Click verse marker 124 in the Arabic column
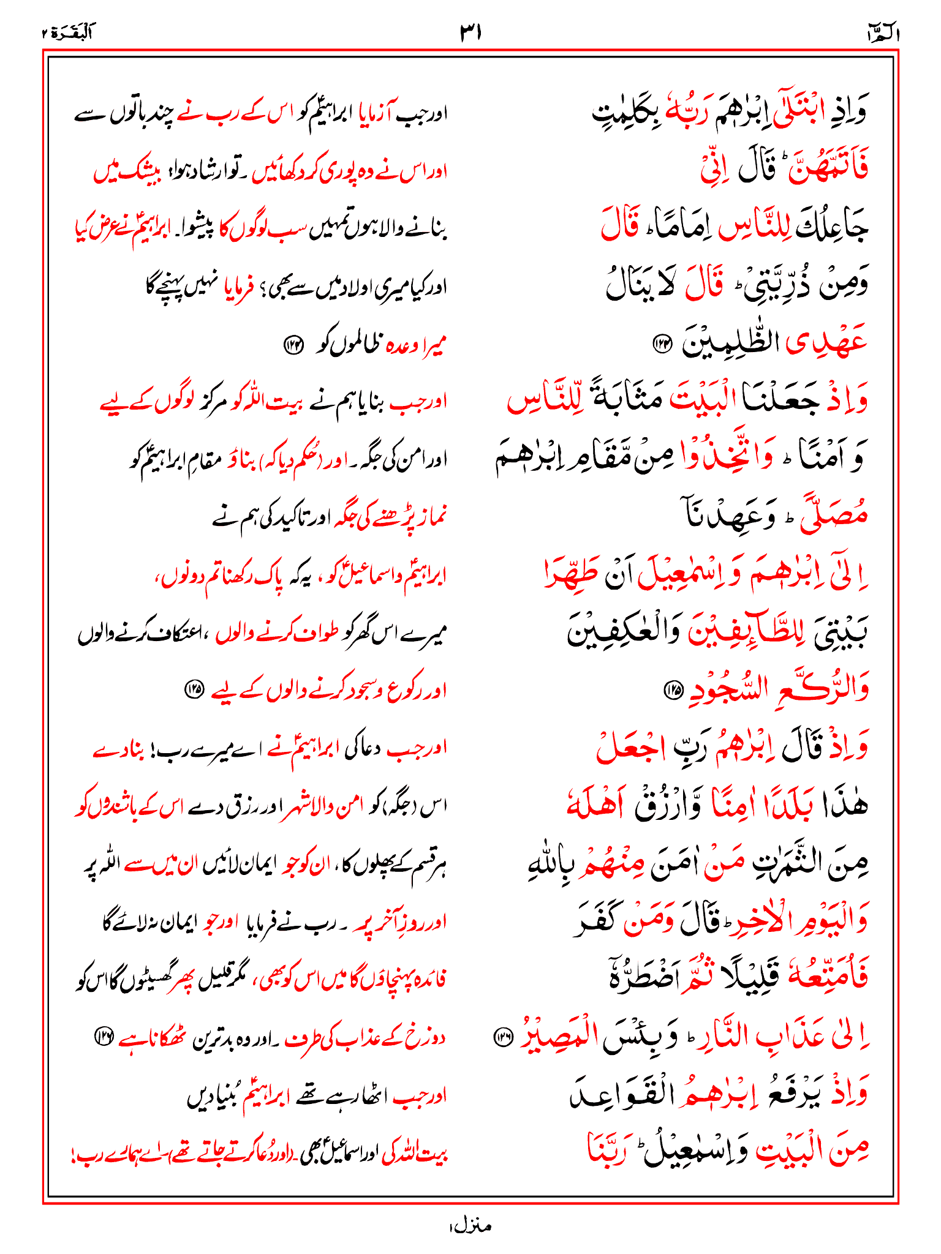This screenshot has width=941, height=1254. [663, 344]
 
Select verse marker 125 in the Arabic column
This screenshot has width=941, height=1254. [673, 690]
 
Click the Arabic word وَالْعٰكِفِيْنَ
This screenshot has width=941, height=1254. [619, 633]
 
